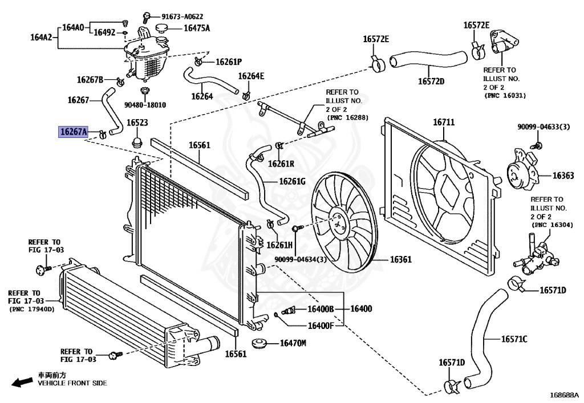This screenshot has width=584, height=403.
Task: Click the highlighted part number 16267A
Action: click(74, 132)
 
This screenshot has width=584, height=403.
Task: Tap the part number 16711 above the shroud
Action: click(444, 122)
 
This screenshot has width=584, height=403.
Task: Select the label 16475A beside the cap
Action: click(197, 28)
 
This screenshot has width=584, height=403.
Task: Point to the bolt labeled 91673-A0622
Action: click(147, 17)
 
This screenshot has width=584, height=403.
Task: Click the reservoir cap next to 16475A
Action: click(162, 28)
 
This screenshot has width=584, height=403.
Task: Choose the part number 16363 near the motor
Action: click(563, 175)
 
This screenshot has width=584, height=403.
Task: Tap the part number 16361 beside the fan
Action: click(401, 259)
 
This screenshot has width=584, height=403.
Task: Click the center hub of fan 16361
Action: click(338, 225)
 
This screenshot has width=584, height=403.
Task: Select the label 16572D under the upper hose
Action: click(431, 81)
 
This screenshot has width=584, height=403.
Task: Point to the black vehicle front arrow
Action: click(22, 382)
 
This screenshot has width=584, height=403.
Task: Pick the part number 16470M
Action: click(293, 343)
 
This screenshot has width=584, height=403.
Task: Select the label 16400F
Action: click(321, 326)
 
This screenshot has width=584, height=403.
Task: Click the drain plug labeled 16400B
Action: click(288, 310)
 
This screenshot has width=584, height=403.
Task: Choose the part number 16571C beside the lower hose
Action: click(514, 339)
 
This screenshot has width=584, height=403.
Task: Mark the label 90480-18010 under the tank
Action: click(145, 105)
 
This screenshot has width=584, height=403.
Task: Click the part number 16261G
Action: click(292, 181)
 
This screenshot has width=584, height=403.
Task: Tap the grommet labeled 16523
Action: click(137, 142)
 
